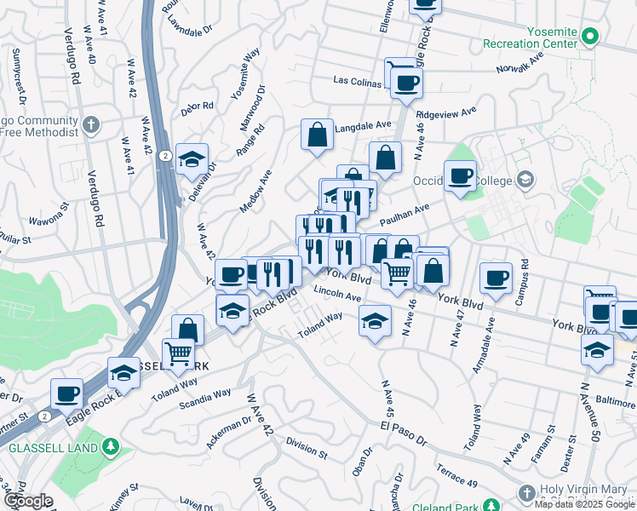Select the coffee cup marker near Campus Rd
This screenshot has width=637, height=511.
coord(496,278)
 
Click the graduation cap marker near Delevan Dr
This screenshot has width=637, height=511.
coord(192,158)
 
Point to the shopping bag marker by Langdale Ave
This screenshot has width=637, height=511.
coord(317,135)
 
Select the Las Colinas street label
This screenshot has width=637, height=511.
coord(359,82)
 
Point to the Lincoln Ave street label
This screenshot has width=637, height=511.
coord(337,296)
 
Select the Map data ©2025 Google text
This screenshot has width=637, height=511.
coord(585,504)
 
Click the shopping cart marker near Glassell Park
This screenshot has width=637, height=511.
coord(178,353)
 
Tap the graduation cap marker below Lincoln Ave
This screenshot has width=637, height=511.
coord(373,323)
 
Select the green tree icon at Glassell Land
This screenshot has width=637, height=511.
coord(110,447)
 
